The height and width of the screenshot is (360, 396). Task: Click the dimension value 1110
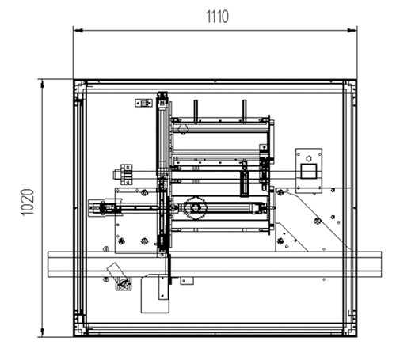pos(217,17)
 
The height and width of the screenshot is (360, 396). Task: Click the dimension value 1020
pos(28,203)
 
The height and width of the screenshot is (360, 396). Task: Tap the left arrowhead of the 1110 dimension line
pos(78,31)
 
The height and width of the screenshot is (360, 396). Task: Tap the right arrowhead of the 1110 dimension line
pos(352,31)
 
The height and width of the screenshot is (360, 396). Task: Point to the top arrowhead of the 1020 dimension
pos(42,85)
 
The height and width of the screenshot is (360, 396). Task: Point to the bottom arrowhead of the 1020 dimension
pos(42,332)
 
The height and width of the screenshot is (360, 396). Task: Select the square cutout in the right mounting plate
pos(309,171)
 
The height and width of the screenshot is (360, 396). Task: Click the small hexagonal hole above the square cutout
pos(309,158)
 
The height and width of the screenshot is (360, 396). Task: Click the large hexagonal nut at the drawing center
pos(195,208)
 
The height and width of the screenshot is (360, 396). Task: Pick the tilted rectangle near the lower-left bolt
pos(116,271)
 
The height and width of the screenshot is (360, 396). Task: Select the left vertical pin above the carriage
pos(196,112)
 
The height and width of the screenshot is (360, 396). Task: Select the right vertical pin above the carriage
pos(245,112)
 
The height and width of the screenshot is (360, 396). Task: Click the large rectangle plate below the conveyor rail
pos(155,294)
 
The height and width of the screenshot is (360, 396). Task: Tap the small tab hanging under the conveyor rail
pos(187,281)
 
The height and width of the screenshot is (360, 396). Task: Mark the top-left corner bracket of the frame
pos(80,86)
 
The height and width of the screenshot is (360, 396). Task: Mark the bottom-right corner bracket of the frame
pos(350,330)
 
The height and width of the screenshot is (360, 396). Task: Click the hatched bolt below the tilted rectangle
pos(124,284)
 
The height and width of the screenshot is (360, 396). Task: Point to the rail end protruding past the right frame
pos(369,264)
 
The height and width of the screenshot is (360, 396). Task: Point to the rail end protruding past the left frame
pos(60,264)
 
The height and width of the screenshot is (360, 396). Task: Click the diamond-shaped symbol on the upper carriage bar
pos(183,130)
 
